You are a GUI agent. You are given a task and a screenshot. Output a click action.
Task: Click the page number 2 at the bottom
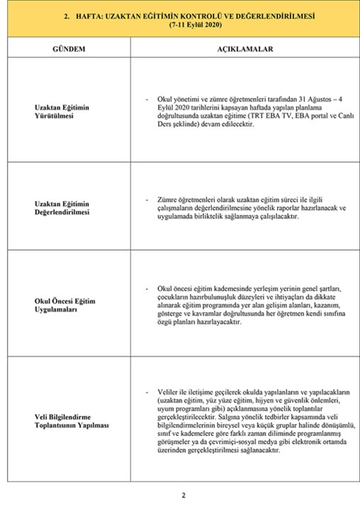(x=182, y=494)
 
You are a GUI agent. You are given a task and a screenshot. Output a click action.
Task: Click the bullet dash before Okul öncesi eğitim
(x=147, y=289)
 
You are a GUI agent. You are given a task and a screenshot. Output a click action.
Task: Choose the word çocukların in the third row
(x=174, y=297)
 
